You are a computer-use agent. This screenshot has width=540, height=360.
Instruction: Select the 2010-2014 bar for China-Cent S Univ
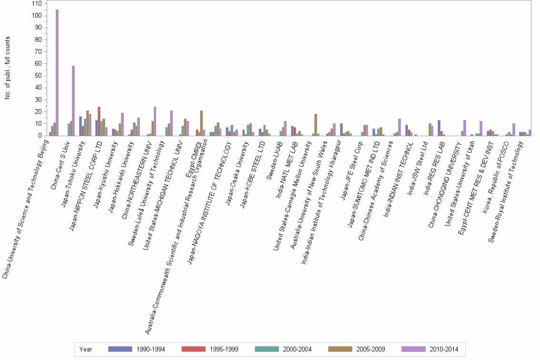tap(73, 100)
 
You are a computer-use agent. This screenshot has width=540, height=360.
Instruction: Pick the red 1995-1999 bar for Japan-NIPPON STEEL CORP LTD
tap(99, 121)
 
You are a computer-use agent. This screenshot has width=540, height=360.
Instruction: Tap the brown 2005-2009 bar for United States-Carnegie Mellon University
tap(316, 125)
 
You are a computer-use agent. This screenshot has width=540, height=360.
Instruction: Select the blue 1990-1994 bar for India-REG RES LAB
tap(439, 128)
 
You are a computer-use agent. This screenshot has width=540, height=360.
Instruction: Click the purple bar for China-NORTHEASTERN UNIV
tap(155, 121)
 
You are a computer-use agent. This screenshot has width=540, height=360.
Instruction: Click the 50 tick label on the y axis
tap(40, 76)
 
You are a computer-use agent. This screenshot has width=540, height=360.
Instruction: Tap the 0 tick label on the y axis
tap(41, 136)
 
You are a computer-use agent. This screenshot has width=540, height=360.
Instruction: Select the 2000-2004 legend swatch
tap(267, 349)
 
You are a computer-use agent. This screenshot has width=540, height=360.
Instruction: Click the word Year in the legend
tap(86, 350)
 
